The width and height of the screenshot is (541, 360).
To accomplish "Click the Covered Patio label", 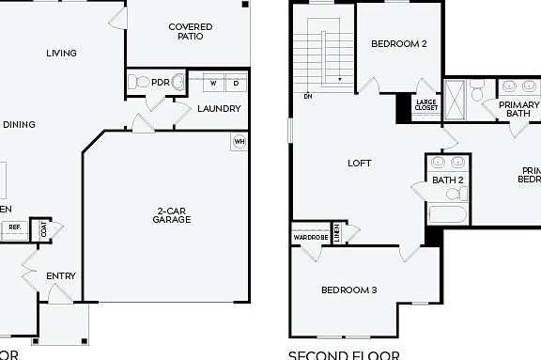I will click(190, 33).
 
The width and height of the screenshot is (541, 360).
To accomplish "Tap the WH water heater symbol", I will click(239, 142).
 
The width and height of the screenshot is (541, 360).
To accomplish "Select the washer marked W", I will click(213, 84).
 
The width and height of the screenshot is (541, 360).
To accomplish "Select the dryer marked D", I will click(236, 84).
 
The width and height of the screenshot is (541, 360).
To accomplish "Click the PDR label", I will click(161, 83).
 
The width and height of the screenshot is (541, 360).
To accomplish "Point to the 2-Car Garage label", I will click(172, 214).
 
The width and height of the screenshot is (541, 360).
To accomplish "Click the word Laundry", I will click(219, 109).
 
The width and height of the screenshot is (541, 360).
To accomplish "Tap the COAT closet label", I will click(43, 228).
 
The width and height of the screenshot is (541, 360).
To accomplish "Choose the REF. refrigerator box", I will click(14, 227).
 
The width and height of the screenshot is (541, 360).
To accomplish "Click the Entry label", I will click(61, 276).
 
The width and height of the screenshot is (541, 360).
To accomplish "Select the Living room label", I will click(61, 54).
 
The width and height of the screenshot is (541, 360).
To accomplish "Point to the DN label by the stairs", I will click(307, 96).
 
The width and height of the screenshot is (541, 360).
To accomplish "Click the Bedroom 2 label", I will click(398, 43).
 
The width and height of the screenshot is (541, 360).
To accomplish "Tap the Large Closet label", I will click(426, 105).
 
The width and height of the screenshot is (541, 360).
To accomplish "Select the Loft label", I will click(360, 163).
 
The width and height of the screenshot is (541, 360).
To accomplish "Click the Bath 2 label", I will click(447, 180).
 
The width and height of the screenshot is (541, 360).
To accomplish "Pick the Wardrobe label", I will click(310, 237).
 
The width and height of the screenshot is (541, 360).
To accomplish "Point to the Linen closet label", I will click(337, 232).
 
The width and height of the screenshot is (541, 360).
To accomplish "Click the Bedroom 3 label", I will click(348, 290).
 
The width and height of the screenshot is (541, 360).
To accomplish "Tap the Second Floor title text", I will click(343, 355).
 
